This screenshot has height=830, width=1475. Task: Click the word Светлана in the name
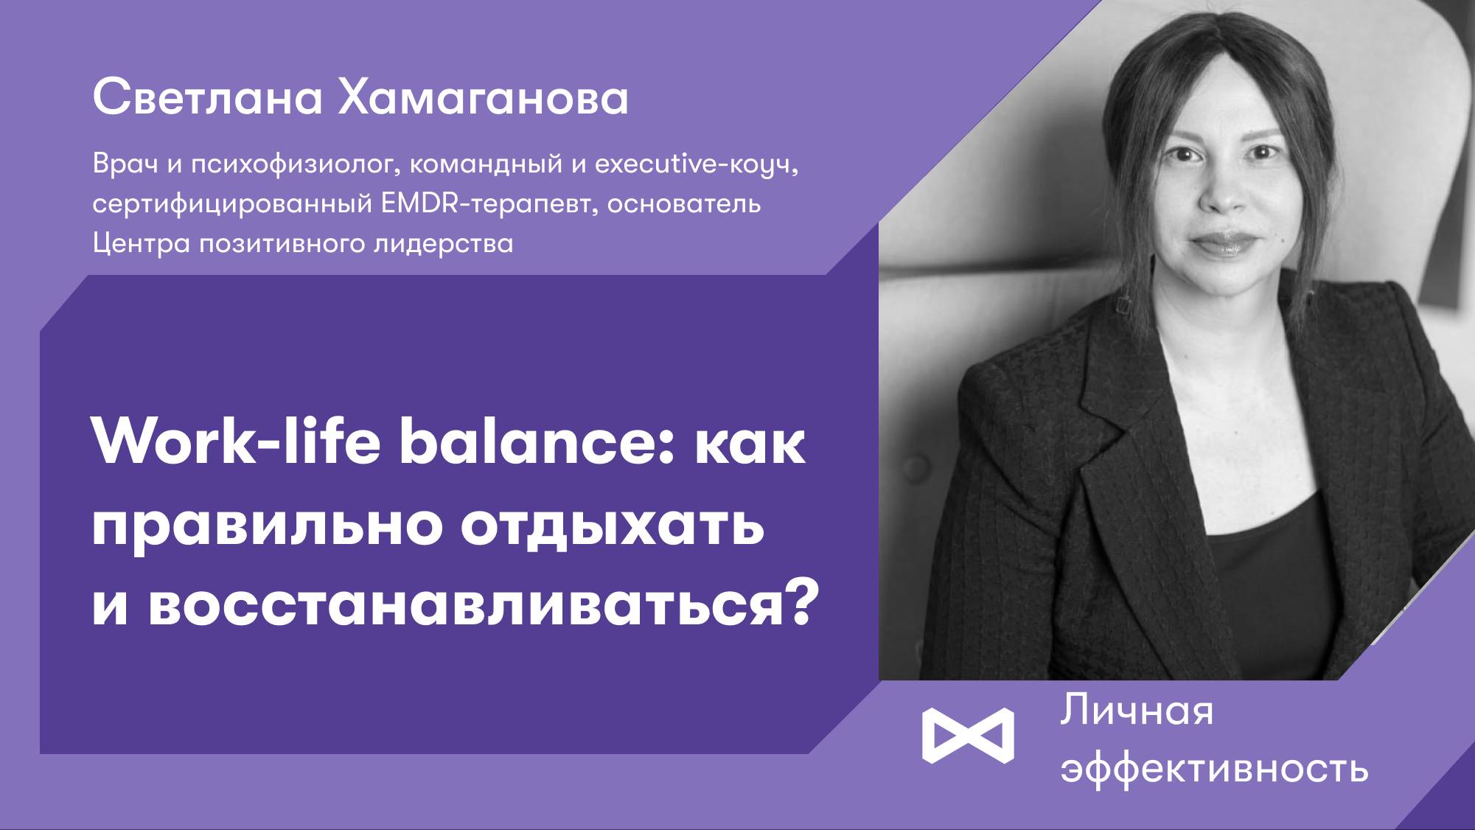(x=208, y=97)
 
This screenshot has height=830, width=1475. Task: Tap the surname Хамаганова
(x=484, y=97)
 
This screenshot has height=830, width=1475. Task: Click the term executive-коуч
(x=697, y=164)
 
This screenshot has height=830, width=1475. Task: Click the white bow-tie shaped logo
(x=968, y=735)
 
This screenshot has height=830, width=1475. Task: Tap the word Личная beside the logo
(x=1137, y=711)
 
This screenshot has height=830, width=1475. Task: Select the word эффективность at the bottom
(x=1215, y=769)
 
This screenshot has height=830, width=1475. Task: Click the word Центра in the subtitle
(x=142, y=243)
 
